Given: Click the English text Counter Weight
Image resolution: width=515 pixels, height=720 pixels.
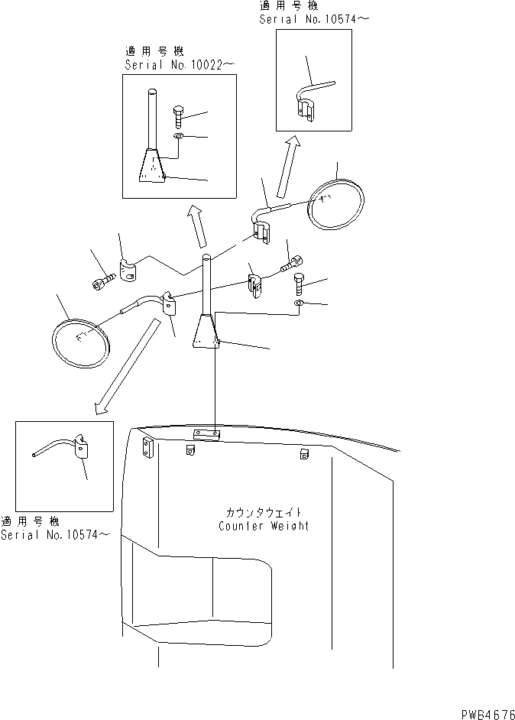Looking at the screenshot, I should point(264,526).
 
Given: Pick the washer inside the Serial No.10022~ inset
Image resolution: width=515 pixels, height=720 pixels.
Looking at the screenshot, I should point(177,136).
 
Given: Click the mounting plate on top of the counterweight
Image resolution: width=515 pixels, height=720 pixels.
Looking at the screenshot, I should point(206,435).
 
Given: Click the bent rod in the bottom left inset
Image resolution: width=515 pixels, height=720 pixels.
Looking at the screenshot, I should point(61,451).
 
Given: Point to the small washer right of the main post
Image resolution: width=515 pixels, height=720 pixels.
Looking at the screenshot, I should point(297,305).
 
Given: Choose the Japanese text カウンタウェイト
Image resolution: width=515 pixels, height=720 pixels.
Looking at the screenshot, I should point(264,511).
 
